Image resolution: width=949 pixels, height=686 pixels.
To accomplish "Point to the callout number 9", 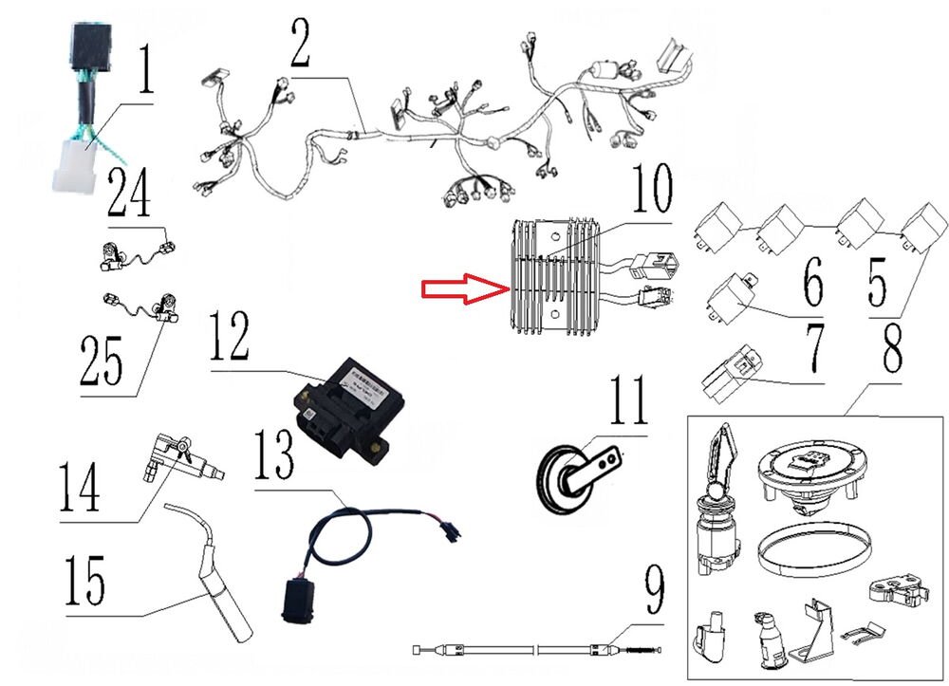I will point(654,593).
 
